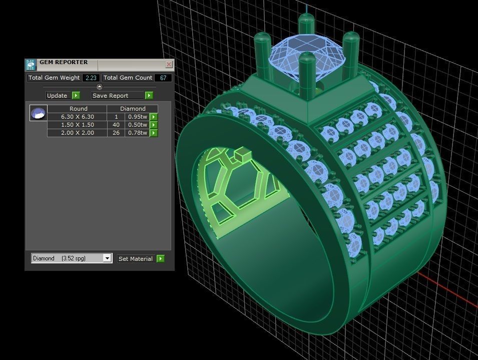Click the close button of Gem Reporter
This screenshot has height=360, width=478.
coord(169,65)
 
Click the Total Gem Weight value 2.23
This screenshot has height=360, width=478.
coord(91,78)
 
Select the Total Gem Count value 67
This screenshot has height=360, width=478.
coord(163,78)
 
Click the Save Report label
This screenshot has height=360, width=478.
coord(110,96)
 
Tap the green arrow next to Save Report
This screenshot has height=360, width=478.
coord(149,96)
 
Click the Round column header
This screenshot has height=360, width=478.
coord(78,109)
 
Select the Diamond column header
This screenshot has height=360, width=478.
coord(133,109)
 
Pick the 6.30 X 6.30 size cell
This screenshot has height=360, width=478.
coord(77,117)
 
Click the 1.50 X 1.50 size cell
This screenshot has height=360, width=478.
coord(77,125)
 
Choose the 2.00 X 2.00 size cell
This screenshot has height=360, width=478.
coord(77,133)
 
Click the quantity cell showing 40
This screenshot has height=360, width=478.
coord(116,125)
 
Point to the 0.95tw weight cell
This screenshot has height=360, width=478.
coord(137,117)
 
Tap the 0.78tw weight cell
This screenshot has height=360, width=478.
coord(137,133)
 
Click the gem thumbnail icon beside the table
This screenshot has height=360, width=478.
coord(38,113)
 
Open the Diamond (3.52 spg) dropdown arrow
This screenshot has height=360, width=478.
coord(107,258)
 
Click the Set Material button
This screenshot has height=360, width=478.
coord(135,259)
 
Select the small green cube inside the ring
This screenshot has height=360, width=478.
coord(241,153)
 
